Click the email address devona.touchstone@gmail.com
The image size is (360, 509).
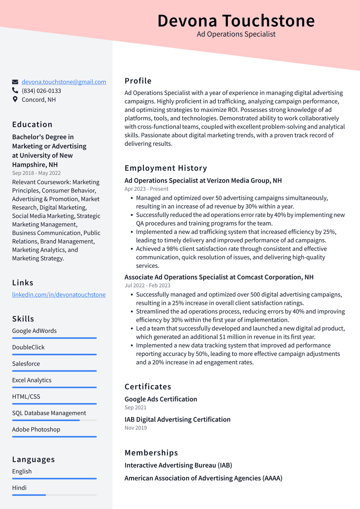64,82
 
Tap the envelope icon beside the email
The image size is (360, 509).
15,82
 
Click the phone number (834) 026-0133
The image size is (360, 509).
41,91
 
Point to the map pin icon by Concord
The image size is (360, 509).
15,100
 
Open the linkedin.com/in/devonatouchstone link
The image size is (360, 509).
59,295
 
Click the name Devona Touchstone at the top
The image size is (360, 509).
236,21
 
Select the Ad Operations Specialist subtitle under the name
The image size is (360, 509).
236,34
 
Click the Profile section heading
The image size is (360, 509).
138,81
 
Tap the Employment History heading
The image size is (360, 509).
166,168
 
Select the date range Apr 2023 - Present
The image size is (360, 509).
146,189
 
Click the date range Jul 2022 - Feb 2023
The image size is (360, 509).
147,286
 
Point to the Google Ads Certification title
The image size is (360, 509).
161,399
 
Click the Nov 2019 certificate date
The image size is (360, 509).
136,428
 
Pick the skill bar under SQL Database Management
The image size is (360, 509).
54,420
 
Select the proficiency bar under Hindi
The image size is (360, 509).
54,495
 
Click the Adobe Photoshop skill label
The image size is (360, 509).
36,430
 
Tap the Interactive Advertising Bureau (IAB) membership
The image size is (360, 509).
178,465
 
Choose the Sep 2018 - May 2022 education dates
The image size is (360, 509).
36,173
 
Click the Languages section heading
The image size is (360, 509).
33,459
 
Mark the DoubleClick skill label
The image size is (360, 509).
28,347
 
